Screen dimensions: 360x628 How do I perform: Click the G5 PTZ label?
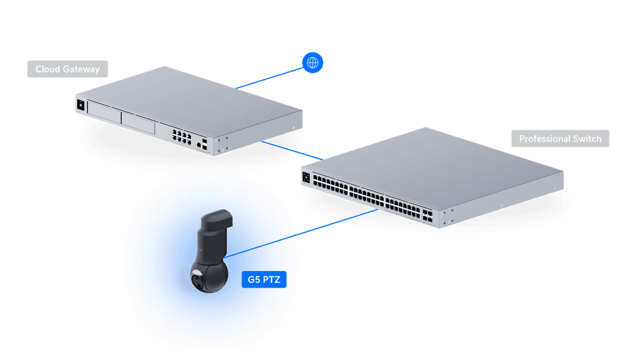pos(263,280)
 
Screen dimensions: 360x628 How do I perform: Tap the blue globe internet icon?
pos(313,63)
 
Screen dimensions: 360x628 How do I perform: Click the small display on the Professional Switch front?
pos(305,177)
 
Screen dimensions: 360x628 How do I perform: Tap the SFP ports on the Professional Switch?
pos(427,215)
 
